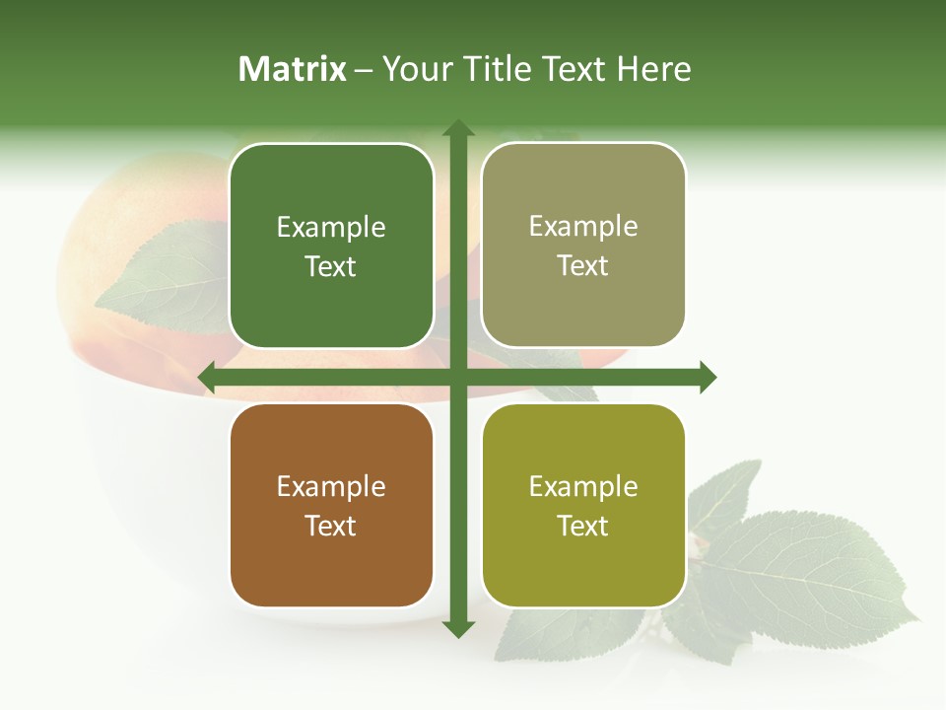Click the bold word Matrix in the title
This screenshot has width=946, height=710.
[293, 69]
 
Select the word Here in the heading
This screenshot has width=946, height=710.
[654, 69]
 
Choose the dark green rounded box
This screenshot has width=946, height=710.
[331, 246]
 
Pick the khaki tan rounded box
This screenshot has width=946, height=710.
[583, 245]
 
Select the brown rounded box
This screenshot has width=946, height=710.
[331, 505]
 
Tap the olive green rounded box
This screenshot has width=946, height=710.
[583, 505]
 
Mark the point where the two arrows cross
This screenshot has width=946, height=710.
[458, 377]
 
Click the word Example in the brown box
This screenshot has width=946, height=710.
[331, 486]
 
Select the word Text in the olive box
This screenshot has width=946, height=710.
[583, 526]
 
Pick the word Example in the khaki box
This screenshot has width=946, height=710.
[583, 227]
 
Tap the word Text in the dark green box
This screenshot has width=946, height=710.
[331, 267]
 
